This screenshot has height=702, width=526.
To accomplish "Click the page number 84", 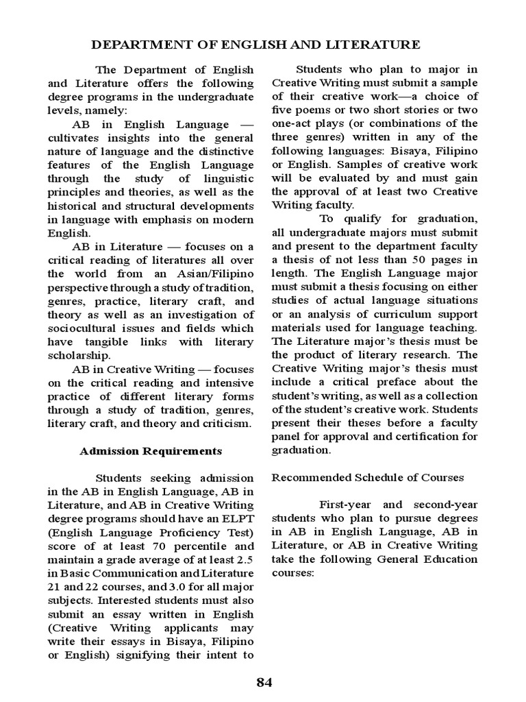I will coord(264,682).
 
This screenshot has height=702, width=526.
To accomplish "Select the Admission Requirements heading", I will coord(151,450).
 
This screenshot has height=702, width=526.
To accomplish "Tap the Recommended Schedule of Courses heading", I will coord(368,477).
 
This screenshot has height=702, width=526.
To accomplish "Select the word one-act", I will coord(295,123).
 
